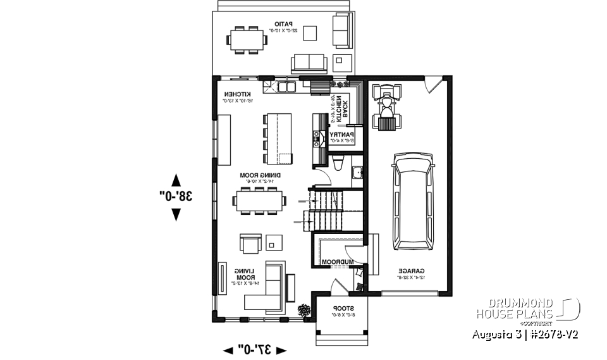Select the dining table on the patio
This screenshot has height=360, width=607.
pos(247,39)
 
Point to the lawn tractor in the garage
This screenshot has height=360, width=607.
pos(386,106)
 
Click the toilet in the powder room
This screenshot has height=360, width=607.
pos(338,166)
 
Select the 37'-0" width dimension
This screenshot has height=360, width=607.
pos(255,349)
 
